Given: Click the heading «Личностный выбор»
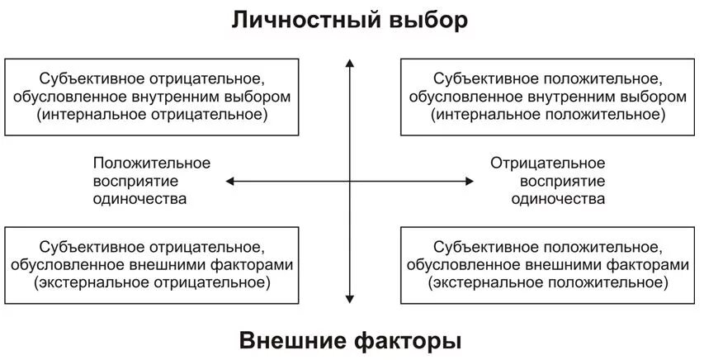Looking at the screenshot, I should click(x=350, y=20).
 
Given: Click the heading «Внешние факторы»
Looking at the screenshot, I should click(x=350, y=340).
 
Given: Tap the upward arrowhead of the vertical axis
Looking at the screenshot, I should click(x=350, y=63).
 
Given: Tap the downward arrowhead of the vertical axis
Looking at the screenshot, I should click(x=350, y=301).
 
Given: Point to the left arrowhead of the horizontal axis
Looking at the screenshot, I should click(x=230, y=181).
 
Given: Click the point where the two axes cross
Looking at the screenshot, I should click(x=350, y=181).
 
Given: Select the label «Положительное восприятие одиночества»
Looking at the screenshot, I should click(x=152, y=181).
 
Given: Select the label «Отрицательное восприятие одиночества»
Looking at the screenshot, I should click(x=548, y=181).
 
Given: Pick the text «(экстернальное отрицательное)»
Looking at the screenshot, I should click(x=152, y=283).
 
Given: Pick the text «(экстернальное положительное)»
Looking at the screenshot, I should click(x=548, y=283).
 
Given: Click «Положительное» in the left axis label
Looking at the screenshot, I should click(x=152, y=163).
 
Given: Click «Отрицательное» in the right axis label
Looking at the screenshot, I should click(x=548, y=163).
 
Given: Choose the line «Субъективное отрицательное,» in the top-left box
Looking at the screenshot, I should click(x=152, y=79).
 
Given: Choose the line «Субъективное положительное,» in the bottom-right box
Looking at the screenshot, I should click(x=548, y=247).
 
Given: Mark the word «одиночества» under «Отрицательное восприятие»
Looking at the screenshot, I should click(x=548, y=199).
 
